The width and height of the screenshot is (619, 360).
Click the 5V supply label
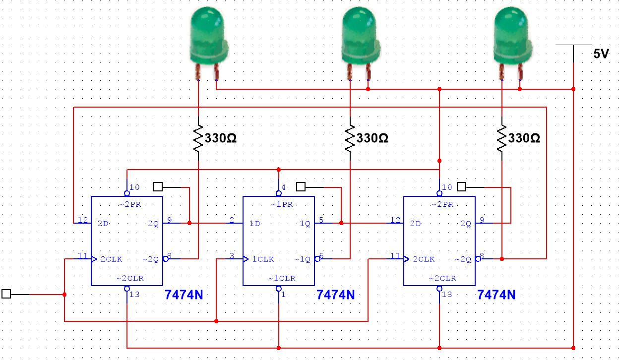(601, 55)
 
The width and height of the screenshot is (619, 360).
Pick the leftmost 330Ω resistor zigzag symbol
(198, 138)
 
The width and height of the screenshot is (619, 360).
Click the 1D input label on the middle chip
(255, 224)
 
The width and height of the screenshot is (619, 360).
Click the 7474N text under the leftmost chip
(184, 295)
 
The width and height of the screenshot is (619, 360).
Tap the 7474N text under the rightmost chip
(496, 295)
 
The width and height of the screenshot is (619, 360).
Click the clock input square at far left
(6, 294)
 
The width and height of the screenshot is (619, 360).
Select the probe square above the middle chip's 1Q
(301, 187)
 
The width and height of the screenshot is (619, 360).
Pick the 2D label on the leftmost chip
(103, 224)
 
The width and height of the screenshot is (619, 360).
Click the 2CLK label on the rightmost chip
(424, 259)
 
